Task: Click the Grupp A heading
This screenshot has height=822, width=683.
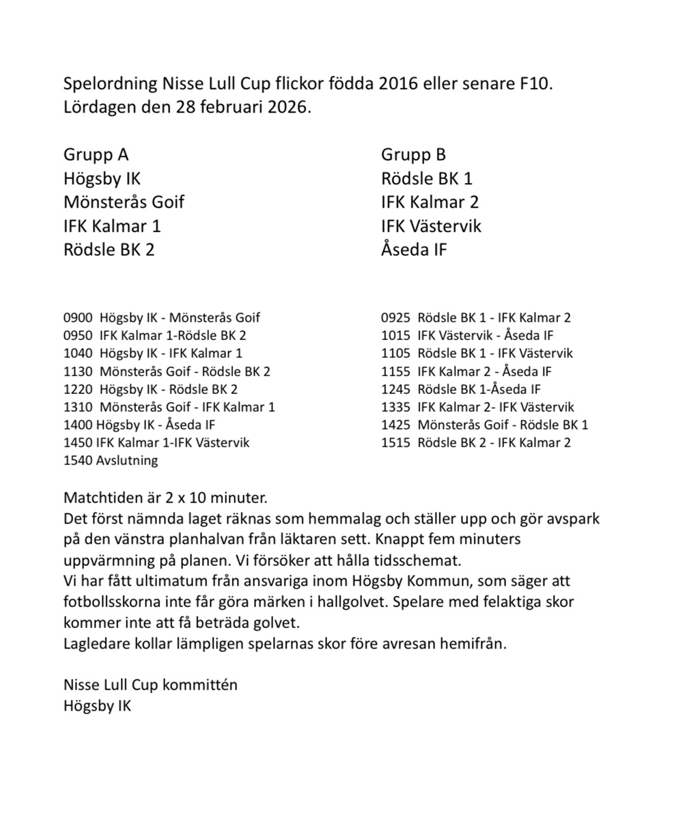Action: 96,155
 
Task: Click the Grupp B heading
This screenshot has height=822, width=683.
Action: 413,155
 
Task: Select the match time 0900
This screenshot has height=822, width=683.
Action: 77,317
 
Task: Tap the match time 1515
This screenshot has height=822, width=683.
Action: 395,442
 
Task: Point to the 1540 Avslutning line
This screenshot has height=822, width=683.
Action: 111,460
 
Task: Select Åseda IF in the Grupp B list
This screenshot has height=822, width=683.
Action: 414,250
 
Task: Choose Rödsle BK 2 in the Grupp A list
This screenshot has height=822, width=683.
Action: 109,250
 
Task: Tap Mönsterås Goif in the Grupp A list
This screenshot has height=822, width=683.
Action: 124,202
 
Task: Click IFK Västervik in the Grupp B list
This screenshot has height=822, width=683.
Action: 431,226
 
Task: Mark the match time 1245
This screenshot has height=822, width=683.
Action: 395,389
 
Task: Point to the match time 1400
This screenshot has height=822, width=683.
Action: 78,425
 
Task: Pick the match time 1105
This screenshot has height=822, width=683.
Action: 395,353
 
